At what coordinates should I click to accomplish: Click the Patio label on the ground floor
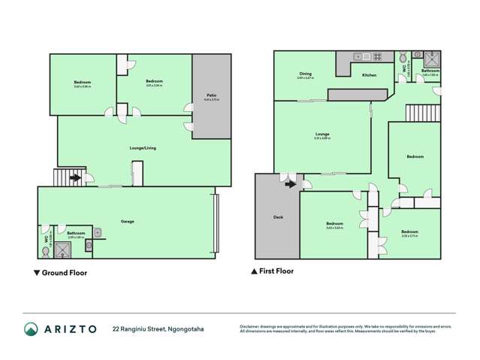213,95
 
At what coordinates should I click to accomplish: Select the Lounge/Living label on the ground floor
143,148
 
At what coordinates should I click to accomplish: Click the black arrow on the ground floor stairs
75,178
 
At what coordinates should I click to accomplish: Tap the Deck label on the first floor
277,217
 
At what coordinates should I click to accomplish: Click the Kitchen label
369,75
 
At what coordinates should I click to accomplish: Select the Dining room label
305,74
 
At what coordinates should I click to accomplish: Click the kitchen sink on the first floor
358,56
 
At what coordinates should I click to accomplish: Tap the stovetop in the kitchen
376,56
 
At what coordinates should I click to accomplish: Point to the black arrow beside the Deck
308,184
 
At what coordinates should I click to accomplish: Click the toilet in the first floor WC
404,57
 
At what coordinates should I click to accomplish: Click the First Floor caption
276,271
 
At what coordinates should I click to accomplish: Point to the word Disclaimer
251,325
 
